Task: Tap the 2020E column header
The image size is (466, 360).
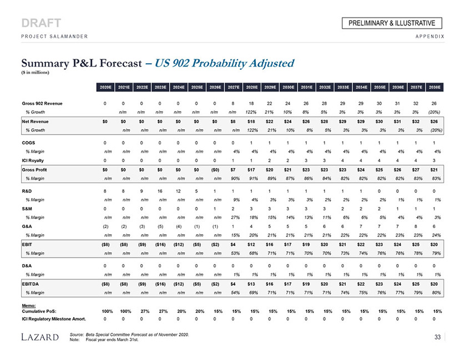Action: click(x=105, y=87)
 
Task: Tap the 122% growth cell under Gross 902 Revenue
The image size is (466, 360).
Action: click(x=251, y=112)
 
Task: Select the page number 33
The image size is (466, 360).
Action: click(x=438, y=336)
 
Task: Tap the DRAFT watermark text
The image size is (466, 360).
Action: click(x=42, y=23)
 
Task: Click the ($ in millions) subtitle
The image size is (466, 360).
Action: click(x=37, y=72)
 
